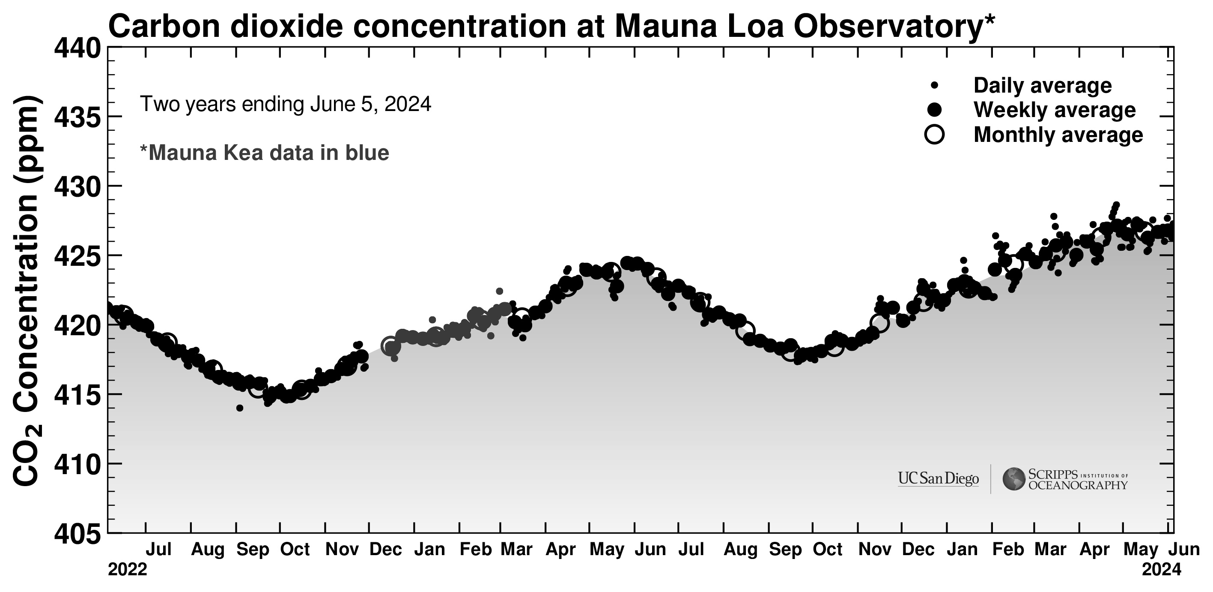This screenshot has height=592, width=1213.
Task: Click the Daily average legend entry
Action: click(1042, 85)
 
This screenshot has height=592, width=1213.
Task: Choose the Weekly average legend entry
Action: click(1054, 110)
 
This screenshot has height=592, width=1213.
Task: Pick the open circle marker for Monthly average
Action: click(935, 134)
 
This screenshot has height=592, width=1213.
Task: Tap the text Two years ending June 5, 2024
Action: click(285, 104)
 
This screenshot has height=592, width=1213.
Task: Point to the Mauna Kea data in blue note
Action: click(265, 153)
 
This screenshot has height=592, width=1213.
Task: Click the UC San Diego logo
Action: click(938, 479)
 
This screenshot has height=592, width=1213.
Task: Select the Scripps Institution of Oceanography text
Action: click(1078, 479)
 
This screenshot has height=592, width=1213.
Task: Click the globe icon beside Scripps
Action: click(1013, 479)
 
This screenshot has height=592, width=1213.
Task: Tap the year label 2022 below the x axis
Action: click(128, 569)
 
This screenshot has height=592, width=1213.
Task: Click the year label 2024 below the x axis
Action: click(1161, 569)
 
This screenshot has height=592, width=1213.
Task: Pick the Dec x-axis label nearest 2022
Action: click(386, 550)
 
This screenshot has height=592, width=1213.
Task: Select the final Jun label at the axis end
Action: click(1185, 550)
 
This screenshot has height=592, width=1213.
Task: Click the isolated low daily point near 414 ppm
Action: click(240, 408)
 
